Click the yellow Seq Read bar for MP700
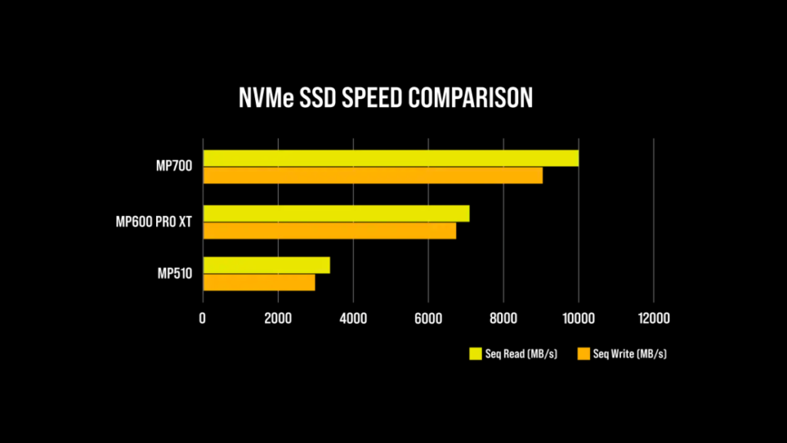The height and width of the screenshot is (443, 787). (390, 158)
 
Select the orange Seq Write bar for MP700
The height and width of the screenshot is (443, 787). (372, 175)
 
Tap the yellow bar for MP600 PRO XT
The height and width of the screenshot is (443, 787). (336, 213)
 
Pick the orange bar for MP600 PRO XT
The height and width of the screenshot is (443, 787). (329, 231)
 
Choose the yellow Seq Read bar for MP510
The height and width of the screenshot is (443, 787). (266, 265)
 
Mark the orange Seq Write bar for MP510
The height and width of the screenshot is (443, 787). (258, 282)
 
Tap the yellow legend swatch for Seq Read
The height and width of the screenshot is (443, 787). (475, 354)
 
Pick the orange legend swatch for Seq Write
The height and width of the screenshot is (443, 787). (583, 354)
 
